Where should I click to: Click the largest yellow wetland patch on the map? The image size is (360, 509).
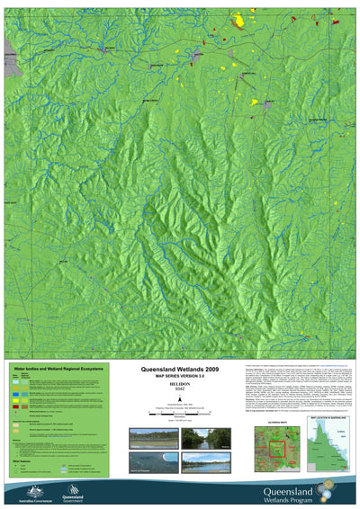click(239, 20)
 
